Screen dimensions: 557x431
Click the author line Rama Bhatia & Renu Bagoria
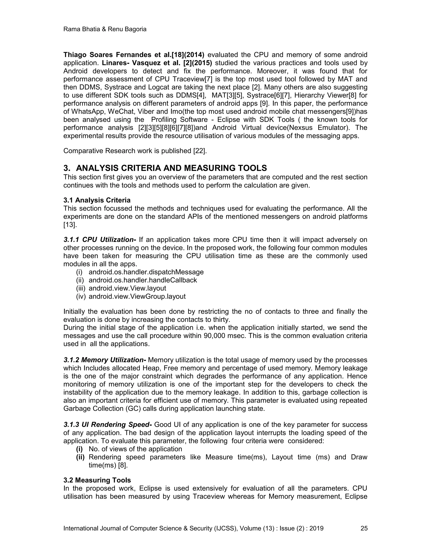point(105,29)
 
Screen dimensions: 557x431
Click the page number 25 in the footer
point(364,528)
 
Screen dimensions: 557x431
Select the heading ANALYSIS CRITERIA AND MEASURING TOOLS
point(171,168)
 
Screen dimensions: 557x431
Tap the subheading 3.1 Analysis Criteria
point(97,200)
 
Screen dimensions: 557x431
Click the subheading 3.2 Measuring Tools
point(97,480)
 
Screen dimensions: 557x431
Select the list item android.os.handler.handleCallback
point(143,280)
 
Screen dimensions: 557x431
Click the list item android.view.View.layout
point(127,288)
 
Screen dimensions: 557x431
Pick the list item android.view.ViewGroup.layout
point(137,296)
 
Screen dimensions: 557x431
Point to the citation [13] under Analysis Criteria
point(69,225)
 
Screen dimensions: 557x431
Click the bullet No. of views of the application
point(135,449)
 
